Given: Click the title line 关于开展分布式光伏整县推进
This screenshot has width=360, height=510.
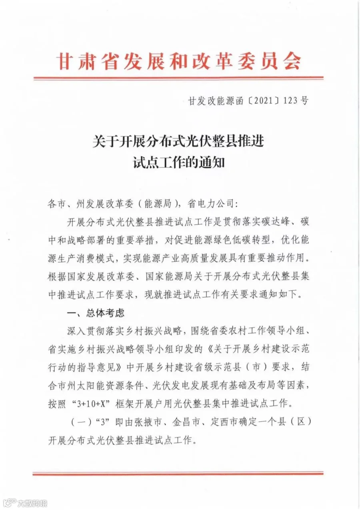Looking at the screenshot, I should [x=178, y=142].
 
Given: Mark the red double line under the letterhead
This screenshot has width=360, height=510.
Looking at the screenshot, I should [x=178, y=78].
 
